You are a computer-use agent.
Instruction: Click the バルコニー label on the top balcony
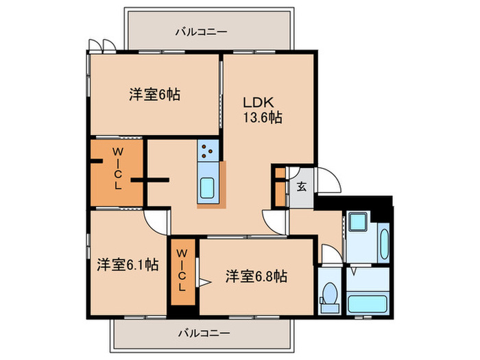[201, 31]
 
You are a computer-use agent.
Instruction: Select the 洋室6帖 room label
[154, 95]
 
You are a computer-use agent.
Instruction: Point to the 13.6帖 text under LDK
[261, 117]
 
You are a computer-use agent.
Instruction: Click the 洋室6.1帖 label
[128, 263]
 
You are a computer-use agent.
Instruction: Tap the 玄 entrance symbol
[302, 185]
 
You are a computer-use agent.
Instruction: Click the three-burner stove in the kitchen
[208, 149]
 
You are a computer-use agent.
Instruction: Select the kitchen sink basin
[207, 187]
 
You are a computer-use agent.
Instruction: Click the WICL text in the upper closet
[117, 167]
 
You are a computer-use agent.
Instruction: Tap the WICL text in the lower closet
[182, 271]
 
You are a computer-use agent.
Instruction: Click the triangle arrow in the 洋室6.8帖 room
[204, 281]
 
